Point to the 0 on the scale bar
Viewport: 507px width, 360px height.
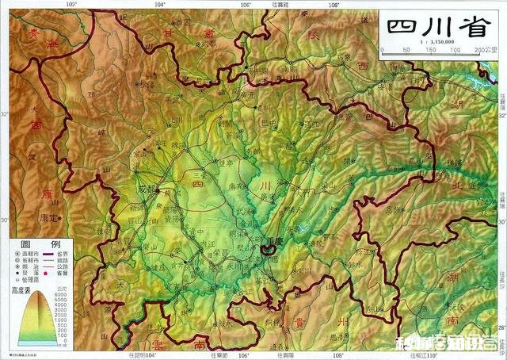[x=383, y=49]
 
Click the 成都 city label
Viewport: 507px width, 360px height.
[x=147, y=191]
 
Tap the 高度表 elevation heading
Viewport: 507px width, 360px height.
[x=25, y=290]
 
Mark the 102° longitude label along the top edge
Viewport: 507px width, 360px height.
[x=71, y=4]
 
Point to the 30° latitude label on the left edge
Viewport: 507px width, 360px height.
[x=4, y=220]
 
